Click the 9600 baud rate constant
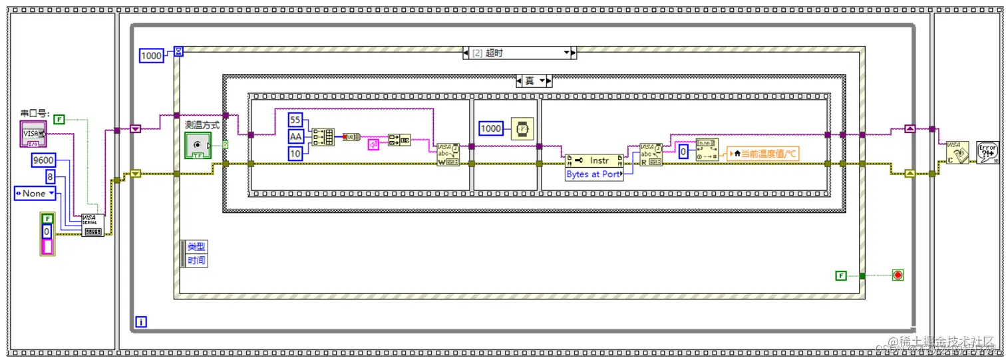[44, 160]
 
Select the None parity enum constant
[34, 194]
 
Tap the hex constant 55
[295, 120]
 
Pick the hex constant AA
[295, 136]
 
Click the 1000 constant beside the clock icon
[491, 128]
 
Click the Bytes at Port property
[593, 174]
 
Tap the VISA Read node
[650, 154]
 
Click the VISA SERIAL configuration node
[93, 224]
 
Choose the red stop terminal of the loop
[898, 275]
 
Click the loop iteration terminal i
[140, 322]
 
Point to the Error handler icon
[986, 152]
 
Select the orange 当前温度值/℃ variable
[761, 154]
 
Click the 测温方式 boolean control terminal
[198, 145]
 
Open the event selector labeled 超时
[519, 53]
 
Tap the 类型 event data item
[196, 246]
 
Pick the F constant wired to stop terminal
[841, 275]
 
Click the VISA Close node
[957, 152]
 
